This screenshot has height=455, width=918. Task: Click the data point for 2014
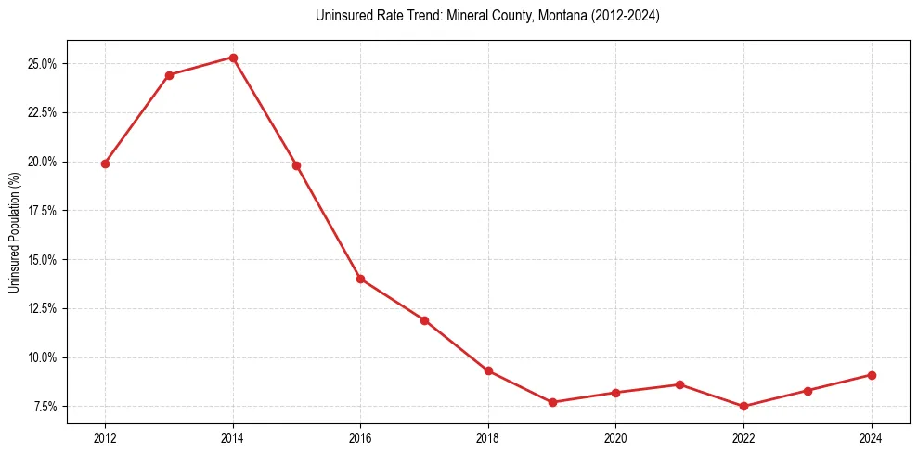(233, 58)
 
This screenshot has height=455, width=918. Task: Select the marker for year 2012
(105, 163)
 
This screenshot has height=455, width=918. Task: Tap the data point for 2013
(169, 75)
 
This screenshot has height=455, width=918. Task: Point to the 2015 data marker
(296, 165)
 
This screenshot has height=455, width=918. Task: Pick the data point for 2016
(360, 279)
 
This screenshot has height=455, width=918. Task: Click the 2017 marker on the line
(424, 320)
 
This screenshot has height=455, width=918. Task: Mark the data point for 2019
(552, 402)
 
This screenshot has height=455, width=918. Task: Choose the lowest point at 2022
(743, 406)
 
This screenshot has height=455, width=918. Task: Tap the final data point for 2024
(872, 375)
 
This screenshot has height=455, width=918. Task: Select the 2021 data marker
(679, 384)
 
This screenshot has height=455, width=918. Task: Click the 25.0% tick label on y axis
(43, 64)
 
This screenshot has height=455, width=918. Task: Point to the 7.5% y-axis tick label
(45, 407)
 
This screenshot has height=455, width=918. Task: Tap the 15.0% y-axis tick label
(43, 260)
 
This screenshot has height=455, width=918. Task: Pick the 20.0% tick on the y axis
(43, 162)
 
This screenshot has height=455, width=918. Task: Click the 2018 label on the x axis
(488, 437)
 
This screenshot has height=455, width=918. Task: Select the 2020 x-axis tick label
(615, 437)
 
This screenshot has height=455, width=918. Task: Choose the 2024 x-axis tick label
(871, 437)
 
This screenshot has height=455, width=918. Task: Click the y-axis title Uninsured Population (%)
(14, 232)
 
